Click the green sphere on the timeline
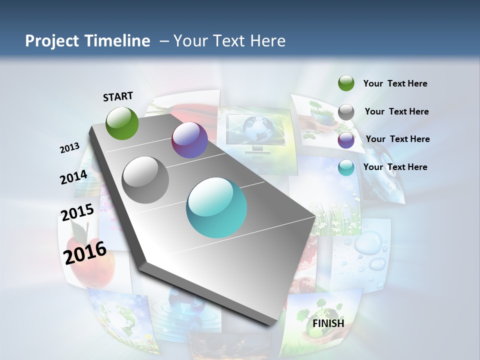[x=122, y=123]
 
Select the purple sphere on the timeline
[x=189, y=140]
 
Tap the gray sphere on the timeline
[x=145, y=179]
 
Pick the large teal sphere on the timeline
[x=216, y=207]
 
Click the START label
[x=118, y=96]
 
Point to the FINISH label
[x=328, y=323]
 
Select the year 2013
[x=69, y=148]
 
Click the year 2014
[x=73, y=177]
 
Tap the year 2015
[x=77, y=212]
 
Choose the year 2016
[x=85, y=252]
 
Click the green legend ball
[x=346, y=83]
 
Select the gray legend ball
[x=346, y=112]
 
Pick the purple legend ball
[x=346, y=140]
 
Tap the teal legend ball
[x=346, y=167]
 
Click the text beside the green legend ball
[x=395, y=83]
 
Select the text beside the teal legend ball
[x=395, y=167]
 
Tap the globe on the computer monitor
[x=255, y=127]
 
